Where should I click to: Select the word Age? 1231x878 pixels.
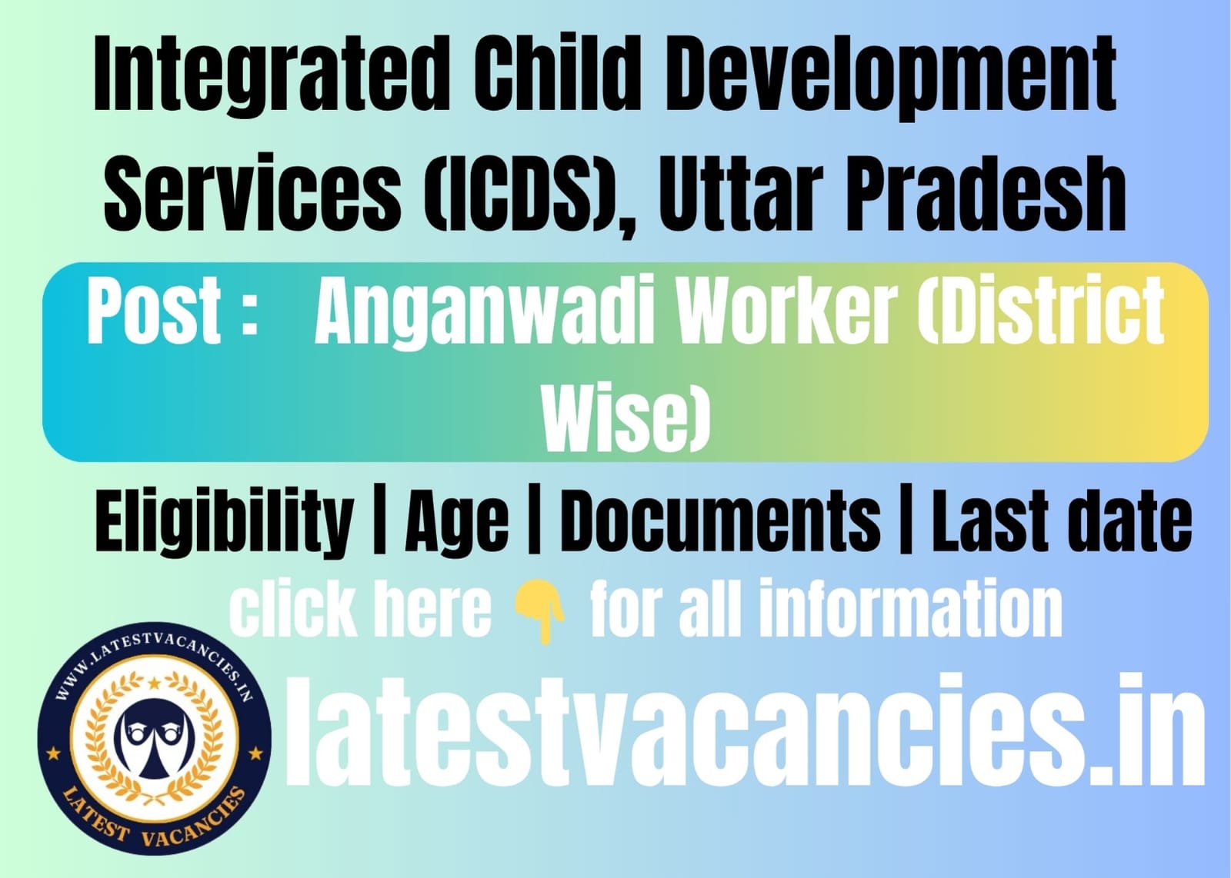coord(457,522)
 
